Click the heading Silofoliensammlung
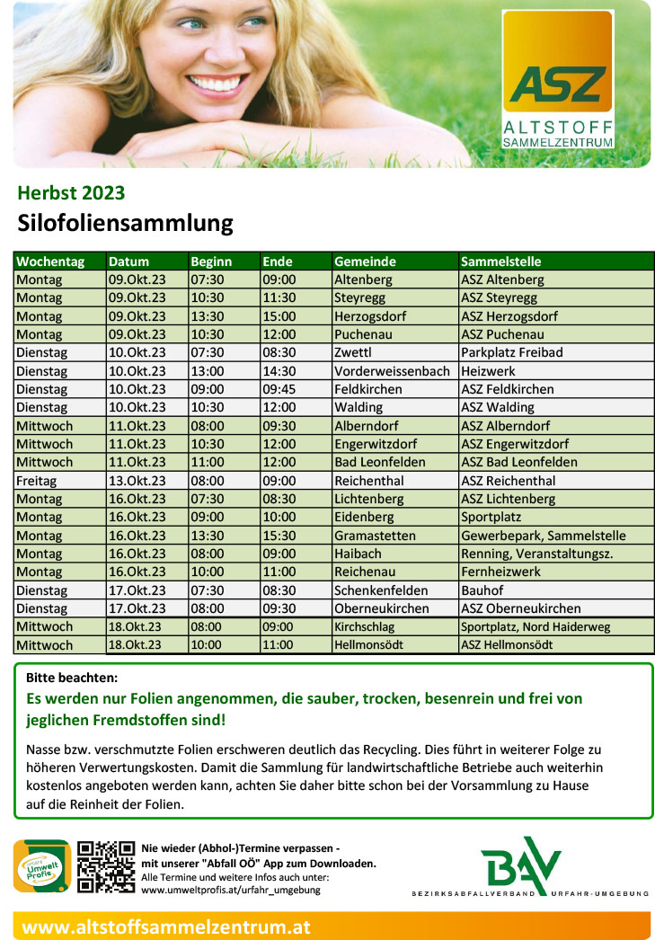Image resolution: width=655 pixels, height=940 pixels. point(125,223)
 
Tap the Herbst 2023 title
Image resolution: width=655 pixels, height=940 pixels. point(71,192)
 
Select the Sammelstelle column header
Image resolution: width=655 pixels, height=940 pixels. point(500,262)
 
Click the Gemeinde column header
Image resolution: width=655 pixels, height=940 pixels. point(365,262)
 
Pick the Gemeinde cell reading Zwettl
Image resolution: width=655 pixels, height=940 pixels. point(352,352)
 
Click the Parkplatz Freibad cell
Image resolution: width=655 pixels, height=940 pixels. point(511,352)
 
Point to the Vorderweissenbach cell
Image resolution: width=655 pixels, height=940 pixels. point(392,371)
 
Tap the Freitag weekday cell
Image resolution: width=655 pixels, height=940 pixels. point(36,481)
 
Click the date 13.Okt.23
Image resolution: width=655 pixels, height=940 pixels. point(137,481)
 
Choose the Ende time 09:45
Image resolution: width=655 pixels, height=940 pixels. point(279,389)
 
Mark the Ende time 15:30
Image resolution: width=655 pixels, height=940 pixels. point(279,536)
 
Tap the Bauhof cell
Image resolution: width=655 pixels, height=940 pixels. point(482,590)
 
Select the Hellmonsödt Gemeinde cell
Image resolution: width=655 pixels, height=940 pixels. point(368,645)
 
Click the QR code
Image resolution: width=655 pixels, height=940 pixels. point(105,866)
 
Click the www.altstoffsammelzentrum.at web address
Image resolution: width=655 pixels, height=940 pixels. point(166,927)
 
